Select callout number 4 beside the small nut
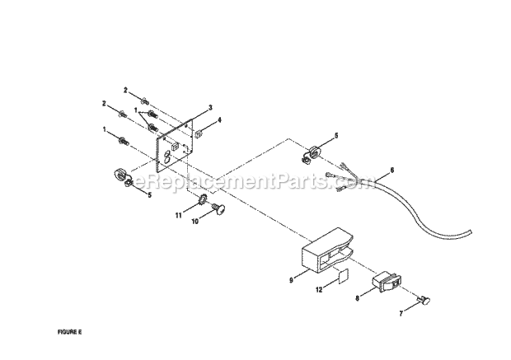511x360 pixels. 219,120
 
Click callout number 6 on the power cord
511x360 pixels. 391,170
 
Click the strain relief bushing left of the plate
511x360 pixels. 121,176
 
